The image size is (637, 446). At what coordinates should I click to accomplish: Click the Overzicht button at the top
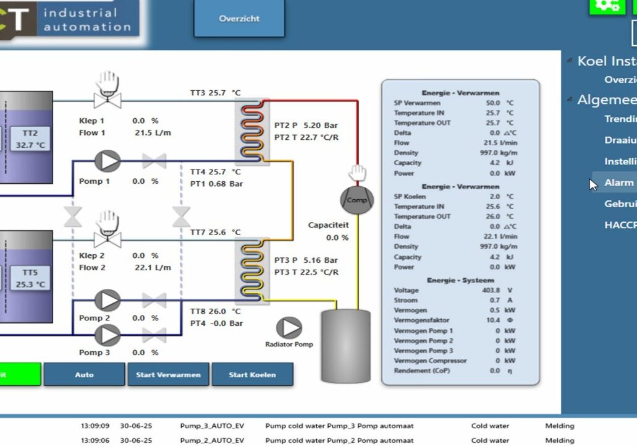pyautogui.click(x=239, y=19)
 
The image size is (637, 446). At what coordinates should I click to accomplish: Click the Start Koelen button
pyautogui.click(x=252, y=375)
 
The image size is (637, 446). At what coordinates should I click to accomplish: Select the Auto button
pyautogui.click(x=84, y=375)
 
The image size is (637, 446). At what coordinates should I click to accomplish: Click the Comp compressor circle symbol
pyautogui.click(x=357, y=200)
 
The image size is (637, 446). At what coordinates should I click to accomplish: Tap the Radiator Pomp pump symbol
pyautogui.click(x=289, y=328)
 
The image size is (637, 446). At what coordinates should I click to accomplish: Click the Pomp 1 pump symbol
pyautogui.click(x=108, y=161)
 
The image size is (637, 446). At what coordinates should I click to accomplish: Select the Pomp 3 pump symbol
pyautogui.click(x=108, y=335)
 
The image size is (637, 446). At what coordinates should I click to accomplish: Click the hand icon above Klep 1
pyautogui.click(x=108, y=81)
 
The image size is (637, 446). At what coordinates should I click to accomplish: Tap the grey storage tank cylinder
pyautogui.click(x=345, y=346)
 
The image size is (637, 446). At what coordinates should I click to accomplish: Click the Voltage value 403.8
pyautogui.click(x=494, y=290)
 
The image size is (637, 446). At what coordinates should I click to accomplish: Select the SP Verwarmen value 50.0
pyautogui.click(x=492, y=103)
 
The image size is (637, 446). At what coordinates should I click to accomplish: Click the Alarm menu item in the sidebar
pyautogui.click(x=618, y=182)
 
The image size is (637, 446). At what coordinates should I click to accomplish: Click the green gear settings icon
pyautogui.click(x=607, y=6)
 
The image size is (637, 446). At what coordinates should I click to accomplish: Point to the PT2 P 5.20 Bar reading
pyautogui.click(x=306, y=126)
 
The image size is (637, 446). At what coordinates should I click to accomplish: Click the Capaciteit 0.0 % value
pyautogui.click(x=337, y=238)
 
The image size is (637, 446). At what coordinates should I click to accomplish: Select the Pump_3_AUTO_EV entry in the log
pyautogui.click(x=212, y=426)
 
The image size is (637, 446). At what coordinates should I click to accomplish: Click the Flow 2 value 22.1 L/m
pyautogui.click(x=153, y=268)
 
